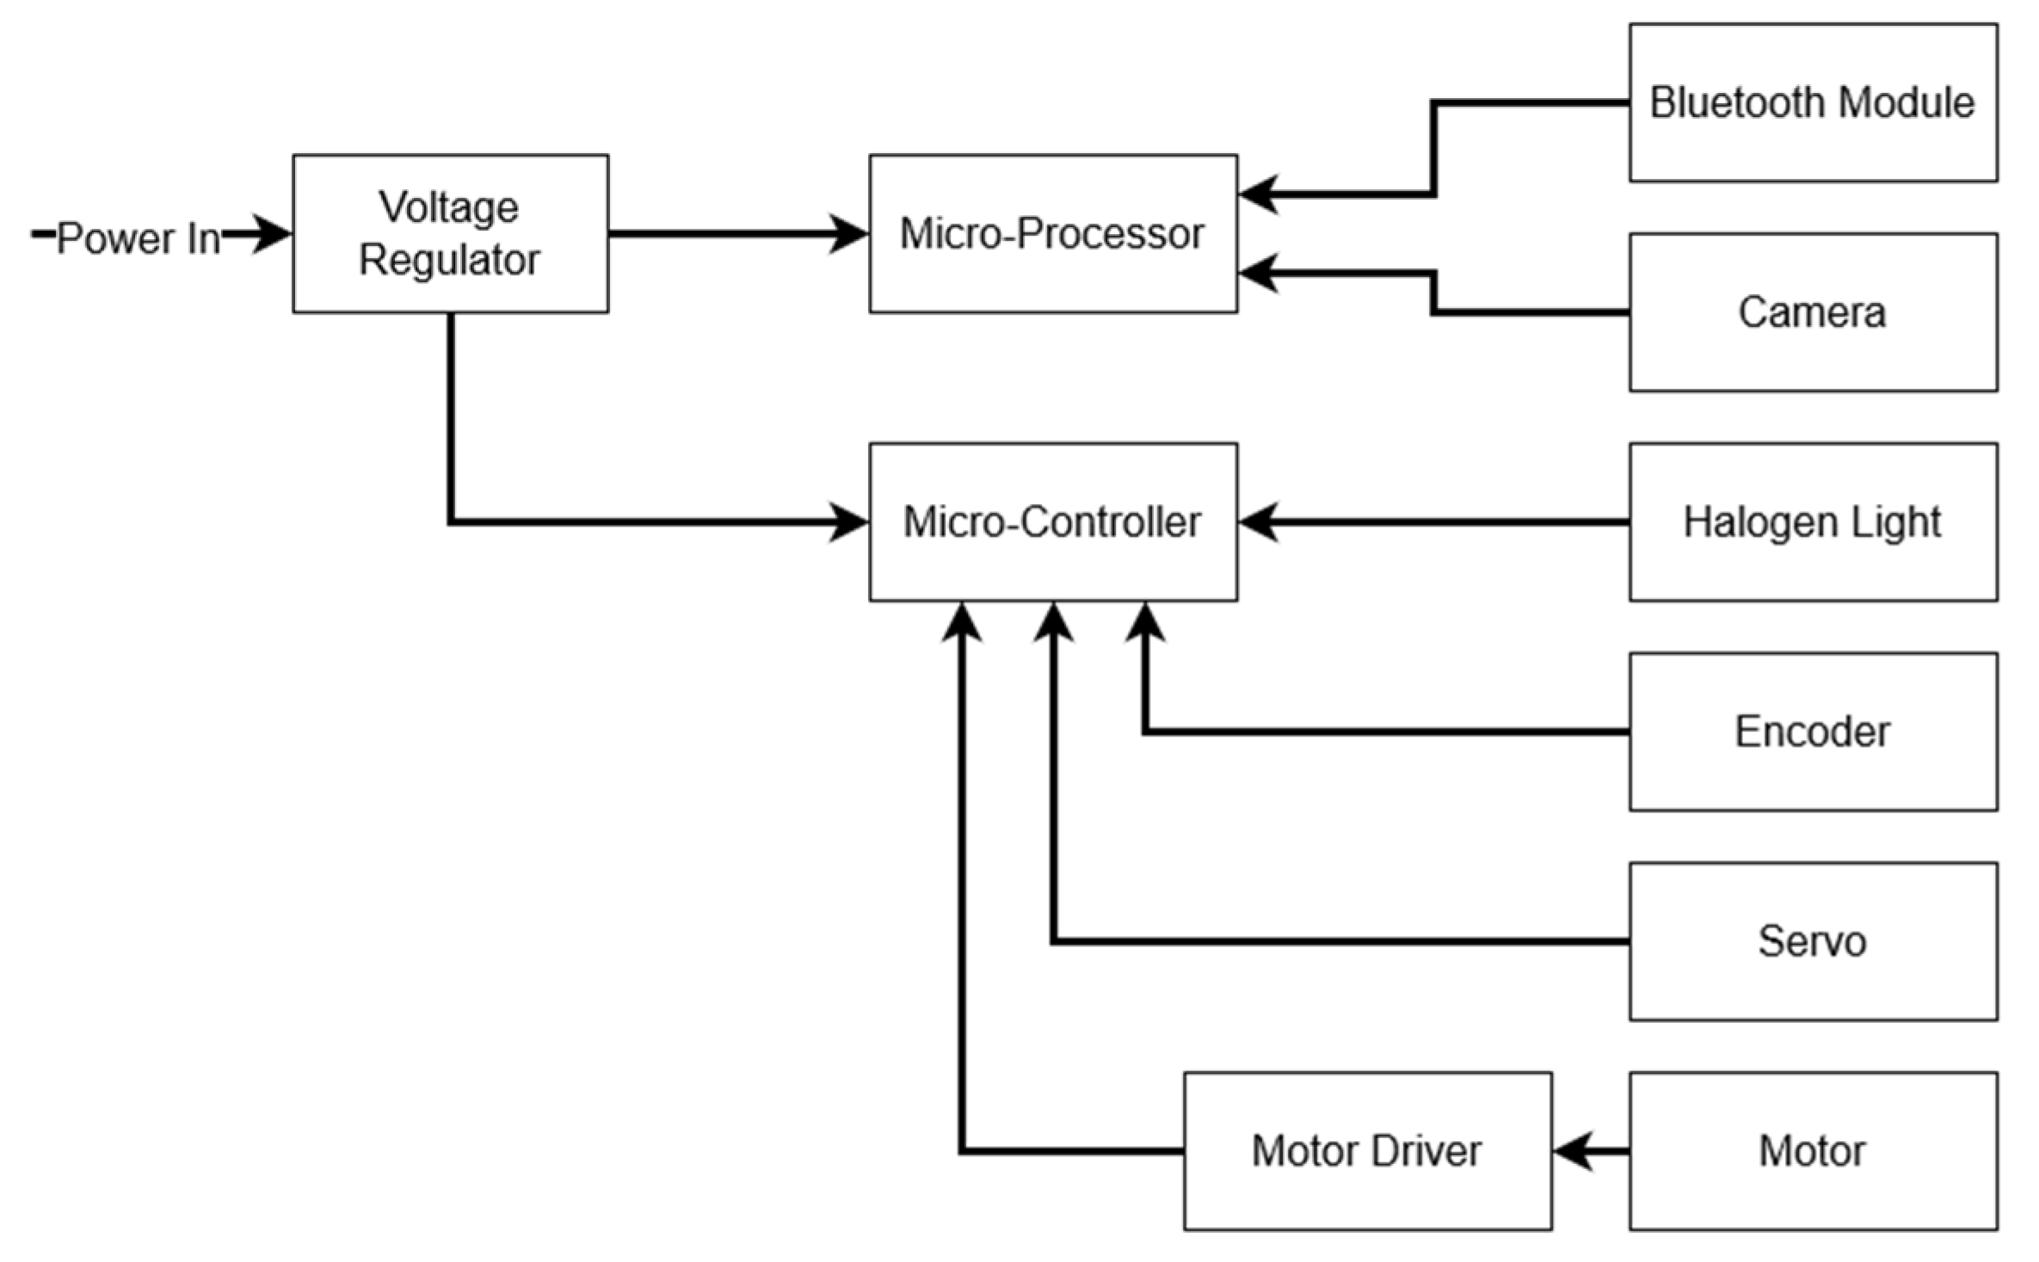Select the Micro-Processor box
(1052, 234)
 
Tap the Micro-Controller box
(1052, 522)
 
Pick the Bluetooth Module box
(1813, 102)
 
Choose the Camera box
(1813, 312)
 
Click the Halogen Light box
(1813, 522)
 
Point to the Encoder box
(1813, 732)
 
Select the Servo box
(1813, 942)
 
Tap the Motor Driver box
(1367, 1151)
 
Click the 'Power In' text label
(138, 238)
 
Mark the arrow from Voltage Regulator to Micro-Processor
(731, 234)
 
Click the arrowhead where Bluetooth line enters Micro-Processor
(1258, 194)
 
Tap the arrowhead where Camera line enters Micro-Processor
(1258, 274)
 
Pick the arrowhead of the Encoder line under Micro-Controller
(1145, 621)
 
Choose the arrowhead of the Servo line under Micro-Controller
(1053, 621)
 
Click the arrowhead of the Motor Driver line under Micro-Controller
(961, 621)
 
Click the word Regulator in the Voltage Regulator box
(450, 261)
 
